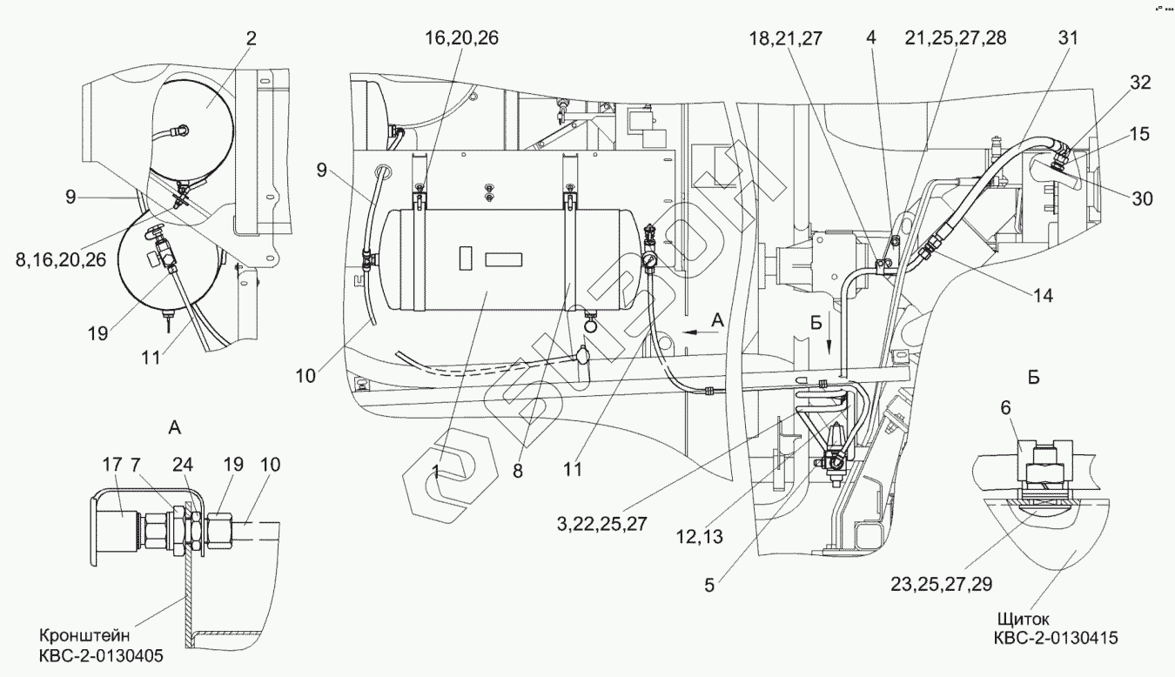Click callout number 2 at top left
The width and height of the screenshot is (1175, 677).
pos(252,38)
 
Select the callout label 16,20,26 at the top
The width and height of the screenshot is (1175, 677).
pos(461,38)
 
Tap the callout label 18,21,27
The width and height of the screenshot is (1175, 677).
pos(785,38)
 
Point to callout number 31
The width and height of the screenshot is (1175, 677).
pos(1068,38)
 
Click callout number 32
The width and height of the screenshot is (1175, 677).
pos(1140,83)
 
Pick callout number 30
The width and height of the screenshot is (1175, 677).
pos(1142,198)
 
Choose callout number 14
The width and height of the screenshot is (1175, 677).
pos(1043,296)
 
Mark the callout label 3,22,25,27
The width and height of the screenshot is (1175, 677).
pos(602,524)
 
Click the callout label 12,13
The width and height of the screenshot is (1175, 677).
pos(699,537)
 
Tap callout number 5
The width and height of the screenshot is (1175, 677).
pos(709,586)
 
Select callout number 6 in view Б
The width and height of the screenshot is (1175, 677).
pos(1005,407)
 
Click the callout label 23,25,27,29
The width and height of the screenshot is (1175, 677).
pos(942,584)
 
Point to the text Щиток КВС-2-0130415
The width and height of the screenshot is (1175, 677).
pos(1056,628)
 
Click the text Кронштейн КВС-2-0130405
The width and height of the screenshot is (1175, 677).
pos(101,646)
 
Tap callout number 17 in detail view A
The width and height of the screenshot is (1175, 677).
pos(112,465)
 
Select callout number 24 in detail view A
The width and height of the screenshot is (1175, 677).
pos(183,465)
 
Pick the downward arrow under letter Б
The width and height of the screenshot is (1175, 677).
pos(829,344)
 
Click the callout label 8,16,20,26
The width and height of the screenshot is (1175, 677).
pos(61,259)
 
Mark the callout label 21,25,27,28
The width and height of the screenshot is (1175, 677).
pos(956,38)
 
